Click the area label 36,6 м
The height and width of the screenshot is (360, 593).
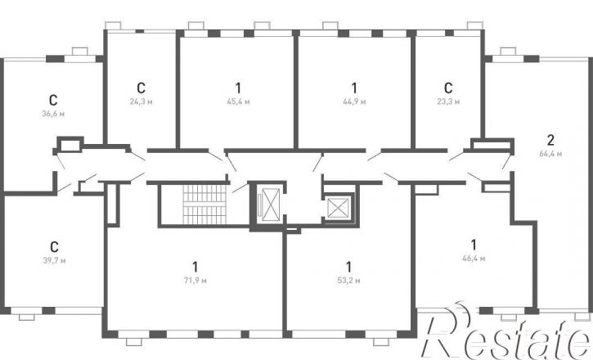point(53,114)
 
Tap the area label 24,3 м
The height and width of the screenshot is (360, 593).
point(141,101)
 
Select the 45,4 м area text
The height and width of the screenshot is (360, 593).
point(238,101)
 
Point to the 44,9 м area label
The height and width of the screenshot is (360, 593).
point(354,101)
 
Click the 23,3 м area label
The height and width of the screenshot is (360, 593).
point(448,101)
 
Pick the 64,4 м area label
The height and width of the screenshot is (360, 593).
point(550,154)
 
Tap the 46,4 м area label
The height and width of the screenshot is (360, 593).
point(474,259)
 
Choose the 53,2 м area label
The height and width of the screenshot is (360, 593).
point(348,280)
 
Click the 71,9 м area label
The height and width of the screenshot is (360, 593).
point(195,280)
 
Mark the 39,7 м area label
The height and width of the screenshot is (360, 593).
point(55,260)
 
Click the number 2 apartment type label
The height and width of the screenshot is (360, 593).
point(550,140)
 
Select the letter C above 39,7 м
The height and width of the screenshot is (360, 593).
point(55,247)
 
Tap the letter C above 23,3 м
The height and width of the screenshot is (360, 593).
point(448,88)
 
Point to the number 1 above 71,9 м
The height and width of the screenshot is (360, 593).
point(195,267)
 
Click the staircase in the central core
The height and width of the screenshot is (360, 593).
point(204,205)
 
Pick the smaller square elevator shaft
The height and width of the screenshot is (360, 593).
point(337,208)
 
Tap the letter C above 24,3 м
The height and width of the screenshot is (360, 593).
point(141,88)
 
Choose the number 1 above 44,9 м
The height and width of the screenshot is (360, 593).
point(354,88)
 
